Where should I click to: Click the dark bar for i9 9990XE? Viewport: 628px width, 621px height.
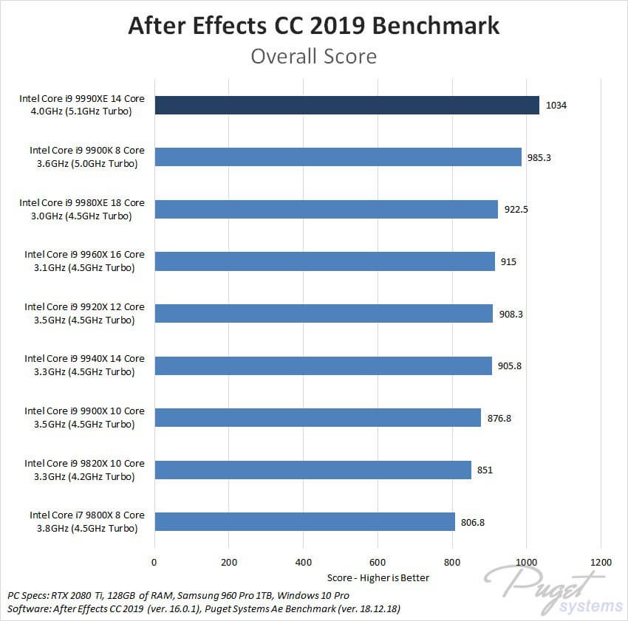click(x=347, y=105)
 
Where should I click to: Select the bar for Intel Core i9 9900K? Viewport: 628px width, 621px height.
click(x=338, y=157)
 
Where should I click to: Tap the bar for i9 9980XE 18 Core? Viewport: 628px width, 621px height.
click(x=326, y=209)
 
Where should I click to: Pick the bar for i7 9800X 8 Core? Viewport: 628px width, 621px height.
click(x=304, y=521)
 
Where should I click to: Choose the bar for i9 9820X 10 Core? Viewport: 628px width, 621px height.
click(x=313, y=470)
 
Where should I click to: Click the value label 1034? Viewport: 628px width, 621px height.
click(x=556, y=106)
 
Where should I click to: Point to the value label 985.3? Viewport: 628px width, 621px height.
click(x=539, y=157)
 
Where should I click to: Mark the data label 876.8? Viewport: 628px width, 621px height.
click(x=499, y=418)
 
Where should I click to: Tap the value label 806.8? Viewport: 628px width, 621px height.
click(x=474, y=522)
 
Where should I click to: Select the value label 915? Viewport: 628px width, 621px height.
click(x=508, y=261)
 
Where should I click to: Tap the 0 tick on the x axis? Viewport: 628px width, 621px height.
click(x=154, y=561)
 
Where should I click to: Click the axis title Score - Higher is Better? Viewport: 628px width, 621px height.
click(x=378, y=577)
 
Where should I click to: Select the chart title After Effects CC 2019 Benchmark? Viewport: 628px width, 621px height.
click(x=314, y=26)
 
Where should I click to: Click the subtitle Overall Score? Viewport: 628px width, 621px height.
click(x=314, y=56)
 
